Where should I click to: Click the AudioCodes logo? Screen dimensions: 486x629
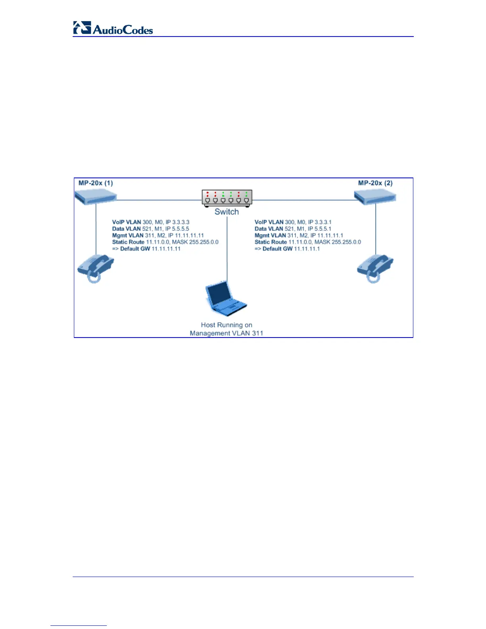(x=113, y=29)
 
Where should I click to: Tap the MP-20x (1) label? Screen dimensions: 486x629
(x=96, y=183)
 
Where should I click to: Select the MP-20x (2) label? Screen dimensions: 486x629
(x=375, y=183)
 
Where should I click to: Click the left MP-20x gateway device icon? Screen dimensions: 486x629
(x=96, y=197)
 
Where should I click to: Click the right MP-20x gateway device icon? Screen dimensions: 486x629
(x=376, y=197)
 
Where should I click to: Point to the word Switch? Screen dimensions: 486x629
(x=227, y=212)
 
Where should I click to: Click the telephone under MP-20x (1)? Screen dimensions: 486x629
(x=95, y=268)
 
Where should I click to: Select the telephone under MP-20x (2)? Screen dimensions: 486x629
(x=375, y=268)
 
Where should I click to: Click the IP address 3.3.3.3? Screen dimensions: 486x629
(x=181, y=222)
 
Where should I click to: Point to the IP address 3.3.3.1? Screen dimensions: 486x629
(x=323, y=222)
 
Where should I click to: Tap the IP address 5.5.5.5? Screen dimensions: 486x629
(x=180, y=229)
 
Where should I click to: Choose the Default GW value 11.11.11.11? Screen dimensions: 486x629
(x=166, y=249)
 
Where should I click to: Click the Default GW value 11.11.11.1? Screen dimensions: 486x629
(x=307, y=249)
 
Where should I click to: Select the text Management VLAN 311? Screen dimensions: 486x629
(x=226, y=333)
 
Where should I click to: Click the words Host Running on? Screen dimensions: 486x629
(x=226, y=325)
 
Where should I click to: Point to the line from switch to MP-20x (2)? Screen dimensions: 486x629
(x=304, y=200)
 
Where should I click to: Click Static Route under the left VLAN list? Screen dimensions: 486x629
(x=128, y=242)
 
